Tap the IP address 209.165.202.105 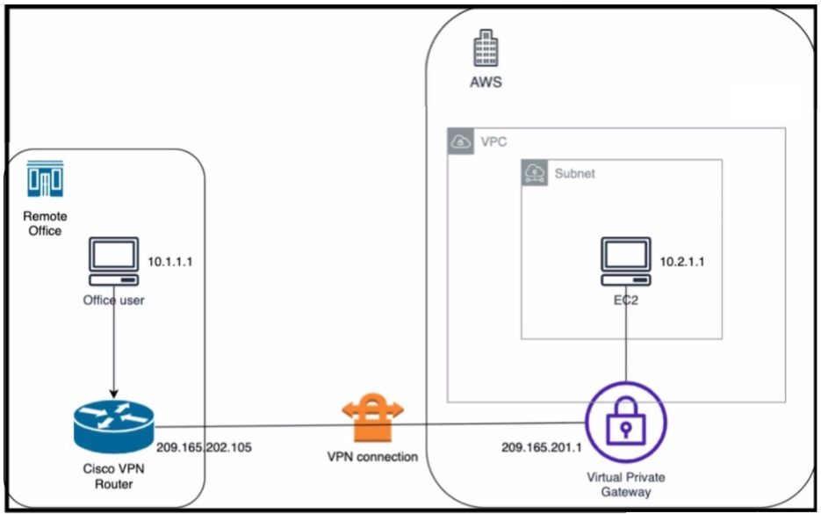(204, 447)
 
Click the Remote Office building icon (43, 179)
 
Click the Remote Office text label (43, 223)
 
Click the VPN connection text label (372, 457)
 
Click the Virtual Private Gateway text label (625, 484)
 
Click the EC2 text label (625, 300)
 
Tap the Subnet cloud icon (535, 173)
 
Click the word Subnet (574, 173)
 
